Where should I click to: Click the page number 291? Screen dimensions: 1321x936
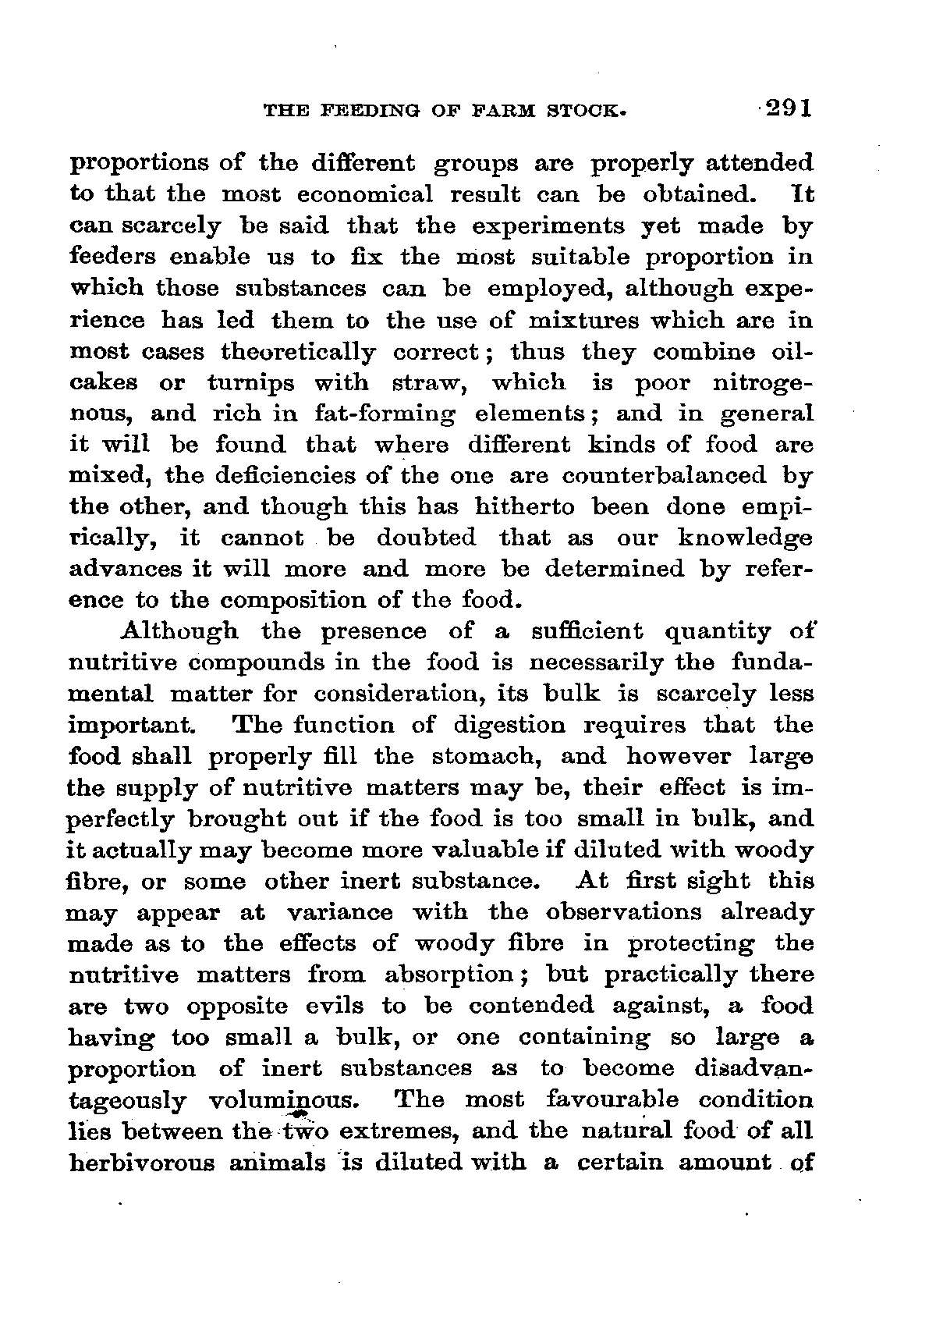point(789,107)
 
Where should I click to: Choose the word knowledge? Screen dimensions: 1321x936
point(745,538)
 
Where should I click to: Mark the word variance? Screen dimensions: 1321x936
point(340,913)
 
